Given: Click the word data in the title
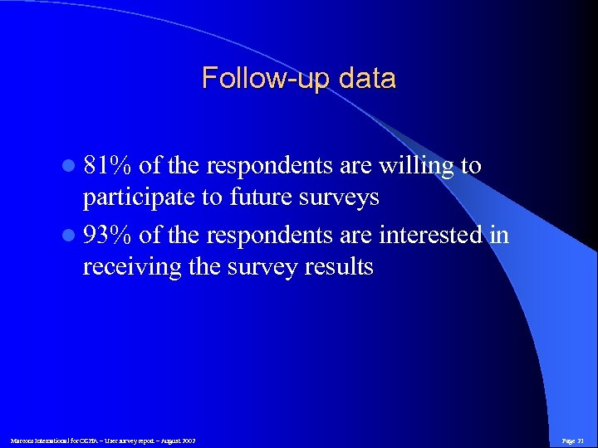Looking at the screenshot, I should point(363,79).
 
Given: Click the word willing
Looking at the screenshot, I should point(416,165).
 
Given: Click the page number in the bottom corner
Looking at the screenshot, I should point(573,440).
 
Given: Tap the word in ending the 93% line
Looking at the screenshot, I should point(499,235).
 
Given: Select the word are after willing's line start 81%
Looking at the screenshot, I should point(356,166).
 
